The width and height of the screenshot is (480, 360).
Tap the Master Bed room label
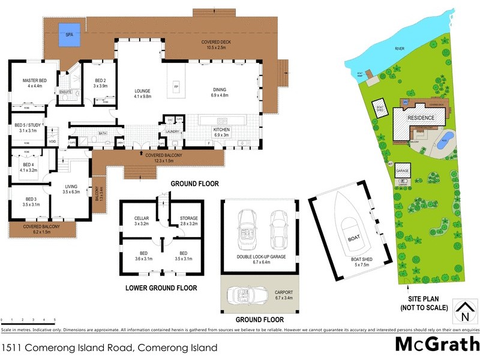34,83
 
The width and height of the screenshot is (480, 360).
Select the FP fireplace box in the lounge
176,87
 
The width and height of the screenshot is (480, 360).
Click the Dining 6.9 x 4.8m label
220,92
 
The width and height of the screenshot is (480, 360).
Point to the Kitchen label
221,132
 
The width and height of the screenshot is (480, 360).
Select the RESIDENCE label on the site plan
421,118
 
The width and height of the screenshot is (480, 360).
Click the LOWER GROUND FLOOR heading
161,288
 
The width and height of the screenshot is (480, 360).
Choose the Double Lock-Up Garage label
260,259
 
